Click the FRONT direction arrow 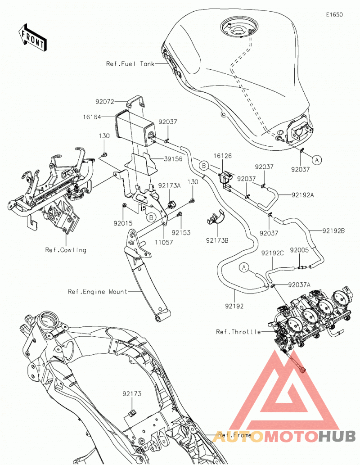click(32, 38)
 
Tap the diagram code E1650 click(334, 14)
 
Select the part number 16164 click(92, 117)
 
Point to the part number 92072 click(105, 102)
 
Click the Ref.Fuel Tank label click(130, 64)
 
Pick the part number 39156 click(173, 159)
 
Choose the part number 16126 click(223, 156)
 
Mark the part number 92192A click(303, 195)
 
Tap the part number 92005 click(300, 250)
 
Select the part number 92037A click(300, 285)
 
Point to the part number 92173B click(217, 240)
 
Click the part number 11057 click(164, 242)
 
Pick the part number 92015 click(123, 223)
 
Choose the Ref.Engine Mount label click(98, 292)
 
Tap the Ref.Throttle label click(238, 332)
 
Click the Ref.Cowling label click(66, 250)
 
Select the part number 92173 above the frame click(132, 394)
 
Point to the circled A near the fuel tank click(317, 160)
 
